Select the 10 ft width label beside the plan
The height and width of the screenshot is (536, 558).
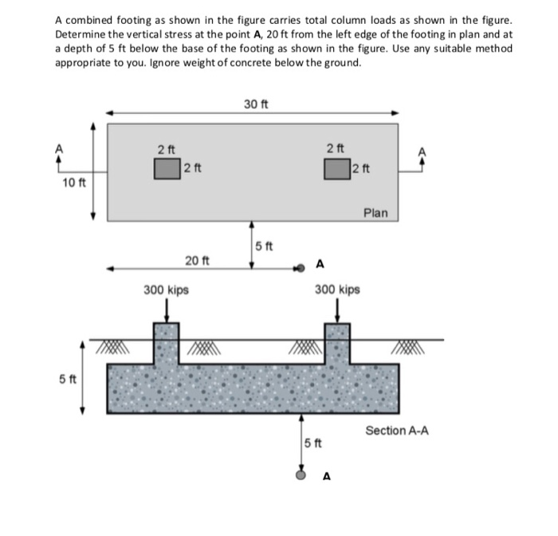tap(74, 184)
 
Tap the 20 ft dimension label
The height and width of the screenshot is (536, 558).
tap(197, 260)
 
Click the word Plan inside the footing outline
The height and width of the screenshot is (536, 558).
tap(375, 212)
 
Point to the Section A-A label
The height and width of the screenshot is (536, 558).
tap(397, 431)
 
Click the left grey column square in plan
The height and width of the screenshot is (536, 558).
tap(167, 168)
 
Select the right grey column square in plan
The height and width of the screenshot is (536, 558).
tap(336, 168)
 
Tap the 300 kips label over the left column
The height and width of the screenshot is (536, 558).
tap(166, 290)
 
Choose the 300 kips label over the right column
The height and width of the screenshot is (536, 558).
tap(337, 290)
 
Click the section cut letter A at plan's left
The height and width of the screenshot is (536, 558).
tap(57, 148)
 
